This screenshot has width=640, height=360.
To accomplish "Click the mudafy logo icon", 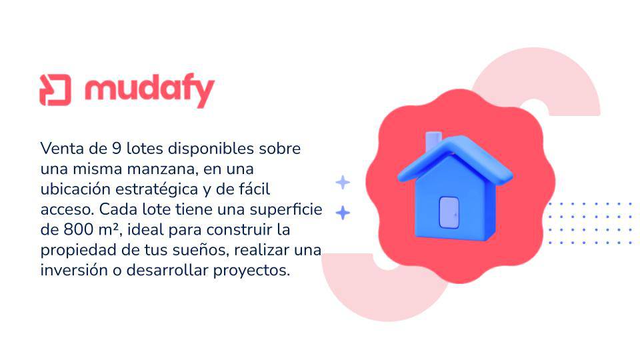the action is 55,90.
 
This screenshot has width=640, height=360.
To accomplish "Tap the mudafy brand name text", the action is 149,91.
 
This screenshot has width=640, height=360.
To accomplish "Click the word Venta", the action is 63,148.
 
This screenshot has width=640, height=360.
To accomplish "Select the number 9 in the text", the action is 117,148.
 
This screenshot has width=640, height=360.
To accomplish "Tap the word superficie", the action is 286,209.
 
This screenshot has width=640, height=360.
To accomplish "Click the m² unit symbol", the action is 109,230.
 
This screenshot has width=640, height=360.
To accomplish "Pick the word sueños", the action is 199,250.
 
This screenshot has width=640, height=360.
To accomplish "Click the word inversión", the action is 74,270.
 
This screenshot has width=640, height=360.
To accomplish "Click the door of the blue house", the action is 449,213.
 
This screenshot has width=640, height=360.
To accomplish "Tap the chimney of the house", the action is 433,141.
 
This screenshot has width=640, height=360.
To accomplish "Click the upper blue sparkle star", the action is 343,183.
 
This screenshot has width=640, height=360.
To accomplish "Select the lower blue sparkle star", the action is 343,213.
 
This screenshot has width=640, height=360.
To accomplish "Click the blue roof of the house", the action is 455,157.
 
